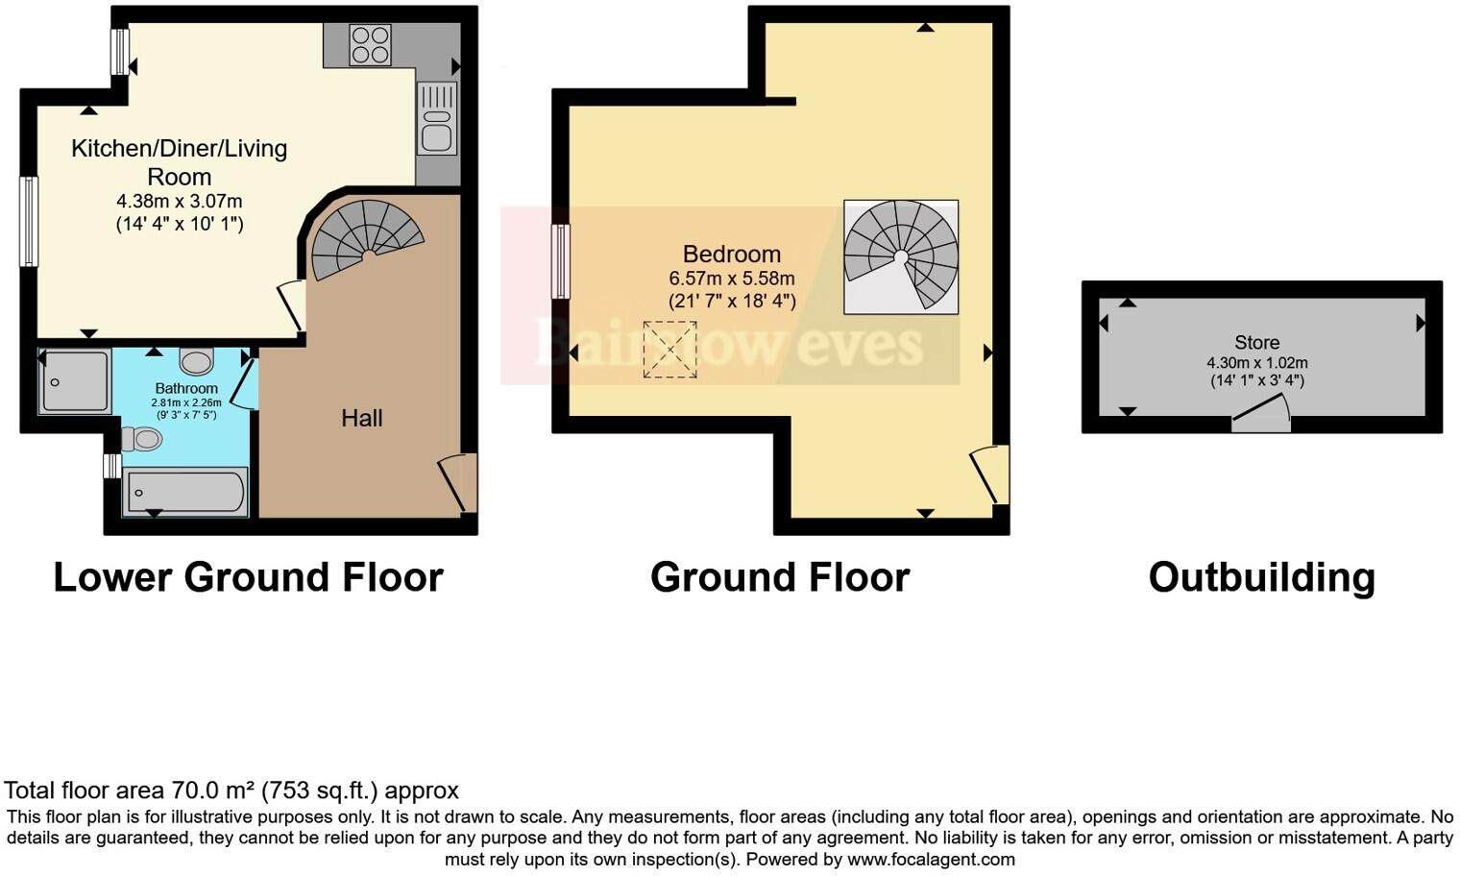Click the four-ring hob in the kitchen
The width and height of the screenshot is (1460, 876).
click(x=371, y=44)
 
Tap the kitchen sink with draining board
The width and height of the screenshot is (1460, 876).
click(x=436, y=118)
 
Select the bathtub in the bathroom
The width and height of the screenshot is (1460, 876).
click(x=185, y=492)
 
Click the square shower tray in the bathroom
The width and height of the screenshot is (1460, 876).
click(x=74, y=382)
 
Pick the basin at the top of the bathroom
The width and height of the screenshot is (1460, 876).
click(x=197, y=362)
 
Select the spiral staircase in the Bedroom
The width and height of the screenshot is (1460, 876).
click(x=901, y=256)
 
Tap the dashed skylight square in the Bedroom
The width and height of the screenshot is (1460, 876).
click(x=669, y=350)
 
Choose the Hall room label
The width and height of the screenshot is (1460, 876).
click(x=362, y=418)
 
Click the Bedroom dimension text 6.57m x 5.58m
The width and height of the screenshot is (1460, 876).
click(x=732, y=279)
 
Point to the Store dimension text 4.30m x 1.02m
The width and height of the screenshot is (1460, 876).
click(x=1256, y=363)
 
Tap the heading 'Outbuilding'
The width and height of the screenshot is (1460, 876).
click(x=1261, y=578)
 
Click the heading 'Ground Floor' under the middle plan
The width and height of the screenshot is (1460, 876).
click(x=779, y=578)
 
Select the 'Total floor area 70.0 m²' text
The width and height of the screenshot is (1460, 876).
click(x=231, y=791)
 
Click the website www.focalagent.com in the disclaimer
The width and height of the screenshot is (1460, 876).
click(x=930, y=860)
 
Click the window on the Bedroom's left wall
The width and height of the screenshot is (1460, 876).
click(x=560, y=261)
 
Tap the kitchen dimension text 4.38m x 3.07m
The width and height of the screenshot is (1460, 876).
click(x=180, y=202)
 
